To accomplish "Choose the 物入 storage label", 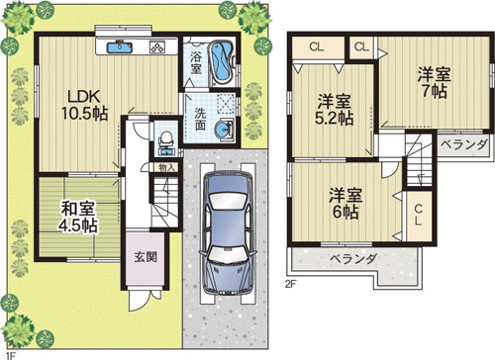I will tap(166, 168).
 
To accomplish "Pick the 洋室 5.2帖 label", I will tap(335, 110).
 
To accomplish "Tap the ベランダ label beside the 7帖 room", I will tap(462, 145).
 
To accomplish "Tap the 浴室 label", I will tap(196, 62).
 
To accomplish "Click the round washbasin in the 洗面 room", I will tap(224, 133).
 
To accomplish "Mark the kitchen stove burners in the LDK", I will tap(158, 47).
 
